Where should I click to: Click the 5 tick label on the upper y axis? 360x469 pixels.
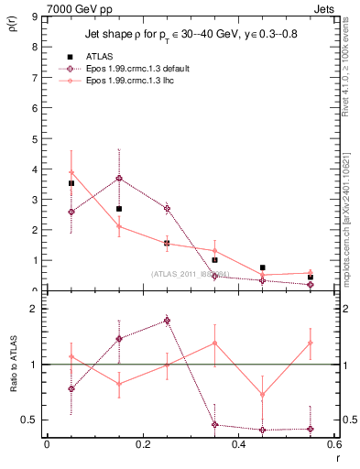coord(33,139)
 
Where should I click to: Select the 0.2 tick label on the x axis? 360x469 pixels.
coord(142,444)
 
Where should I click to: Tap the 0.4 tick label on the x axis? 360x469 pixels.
coord(238,444)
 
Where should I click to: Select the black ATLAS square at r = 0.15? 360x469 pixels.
coord(119,209)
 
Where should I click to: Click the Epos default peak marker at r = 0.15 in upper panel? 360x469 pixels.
coord(119,178)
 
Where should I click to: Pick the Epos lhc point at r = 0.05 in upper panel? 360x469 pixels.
coord(71,173)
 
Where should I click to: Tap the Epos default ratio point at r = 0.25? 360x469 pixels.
coord(167,321)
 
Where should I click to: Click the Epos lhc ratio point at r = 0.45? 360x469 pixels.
coord(263,395)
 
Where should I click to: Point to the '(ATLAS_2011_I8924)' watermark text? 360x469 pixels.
coord(191,274)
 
